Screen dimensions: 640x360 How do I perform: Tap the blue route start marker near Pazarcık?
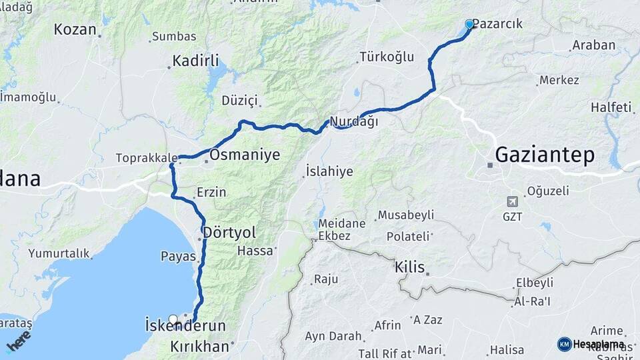pyautogui.click(x=469, y=24)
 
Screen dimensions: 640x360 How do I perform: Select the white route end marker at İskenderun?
pyautogui.click(x=174, y=319)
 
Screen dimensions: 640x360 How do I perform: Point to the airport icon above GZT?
pyautogui.click(x=512, y=201)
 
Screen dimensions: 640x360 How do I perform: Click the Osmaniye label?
pyautogui.click(x=244, y=155)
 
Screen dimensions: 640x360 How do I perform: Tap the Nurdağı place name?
pyautogui.click(x=353, y=121)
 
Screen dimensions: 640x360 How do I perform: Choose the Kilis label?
pyautogui.click(x=409, y=267)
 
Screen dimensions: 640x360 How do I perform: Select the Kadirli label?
pyautogui.click(x=195, y=61)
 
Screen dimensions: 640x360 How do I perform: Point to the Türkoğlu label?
pyautogui.click(x=387, y=57)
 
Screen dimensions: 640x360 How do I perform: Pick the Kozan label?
pyautogui.click(x=75, y=29)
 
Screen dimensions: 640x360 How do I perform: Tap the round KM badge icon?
pyautogui.click(x=564, y=344)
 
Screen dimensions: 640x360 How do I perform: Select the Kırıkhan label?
pyautogui.click(x=199, y=347)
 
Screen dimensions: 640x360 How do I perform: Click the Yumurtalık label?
pyautogui.click(x=59, y=253)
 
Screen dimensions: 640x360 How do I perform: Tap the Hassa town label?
pyautogui.click(x=255, y=251)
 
